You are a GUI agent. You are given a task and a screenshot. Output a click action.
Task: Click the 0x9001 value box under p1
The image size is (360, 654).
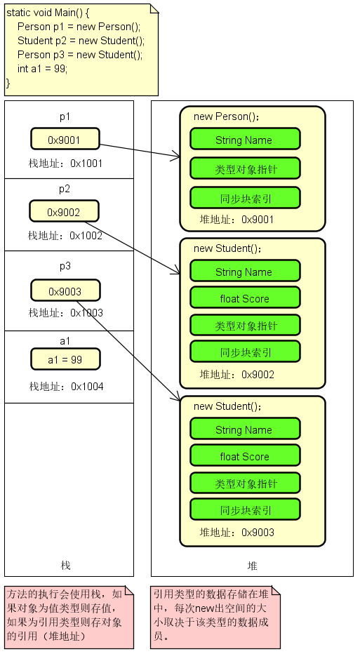[x=65, y=139]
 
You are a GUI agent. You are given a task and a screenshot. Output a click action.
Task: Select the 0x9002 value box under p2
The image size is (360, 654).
[x=64, y=211]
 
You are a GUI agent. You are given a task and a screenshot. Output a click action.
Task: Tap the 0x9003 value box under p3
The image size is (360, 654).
[x=65, y=291]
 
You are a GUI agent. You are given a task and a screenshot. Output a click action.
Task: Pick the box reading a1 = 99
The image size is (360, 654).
[x=65, y=359]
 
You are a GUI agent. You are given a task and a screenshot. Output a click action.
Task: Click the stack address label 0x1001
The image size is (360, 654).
[x=65, y=163]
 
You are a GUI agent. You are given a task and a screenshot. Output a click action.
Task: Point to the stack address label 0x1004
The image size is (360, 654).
[x=66, y=386]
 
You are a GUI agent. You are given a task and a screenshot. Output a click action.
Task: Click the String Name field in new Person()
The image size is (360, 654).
[x=244, y=140]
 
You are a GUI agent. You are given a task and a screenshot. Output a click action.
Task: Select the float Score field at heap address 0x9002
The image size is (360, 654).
[x=244, y=298]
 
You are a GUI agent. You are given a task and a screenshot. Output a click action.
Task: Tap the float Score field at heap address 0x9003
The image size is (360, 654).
[x=244, y=456]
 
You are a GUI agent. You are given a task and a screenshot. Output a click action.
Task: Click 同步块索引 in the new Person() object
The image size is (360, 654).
[x=244, y=199]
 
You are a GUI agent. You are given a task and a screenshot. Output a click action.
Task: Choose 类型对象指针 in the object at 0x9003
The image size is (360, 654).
[x=244, y=483]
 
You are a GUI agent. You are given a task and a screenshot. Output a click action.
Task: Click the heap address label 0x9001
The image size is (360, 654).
[x=237, y=220]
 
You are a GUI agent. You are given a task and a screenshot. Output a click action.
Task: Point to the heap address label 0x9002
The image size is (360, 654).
[x=237, y=374]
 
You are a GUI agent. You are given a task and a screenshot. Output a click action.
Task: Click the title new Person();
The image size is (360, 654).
[x=226, y=116]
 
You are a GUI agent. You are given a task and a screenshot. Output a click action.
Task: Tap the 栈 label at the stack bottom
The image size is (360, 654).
[x=66, y=565]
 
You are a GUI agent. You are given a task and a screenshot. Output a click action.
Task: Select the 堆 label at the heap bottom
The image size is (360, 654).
[x=252, y=565]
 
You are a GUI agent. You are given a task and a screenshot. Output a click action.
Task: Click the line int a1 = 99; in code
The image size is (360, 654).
[x=43, y=69]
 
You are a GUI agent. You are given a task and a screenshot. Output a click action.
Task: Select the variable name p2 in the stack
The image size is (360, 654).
[x=65, y=189]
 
